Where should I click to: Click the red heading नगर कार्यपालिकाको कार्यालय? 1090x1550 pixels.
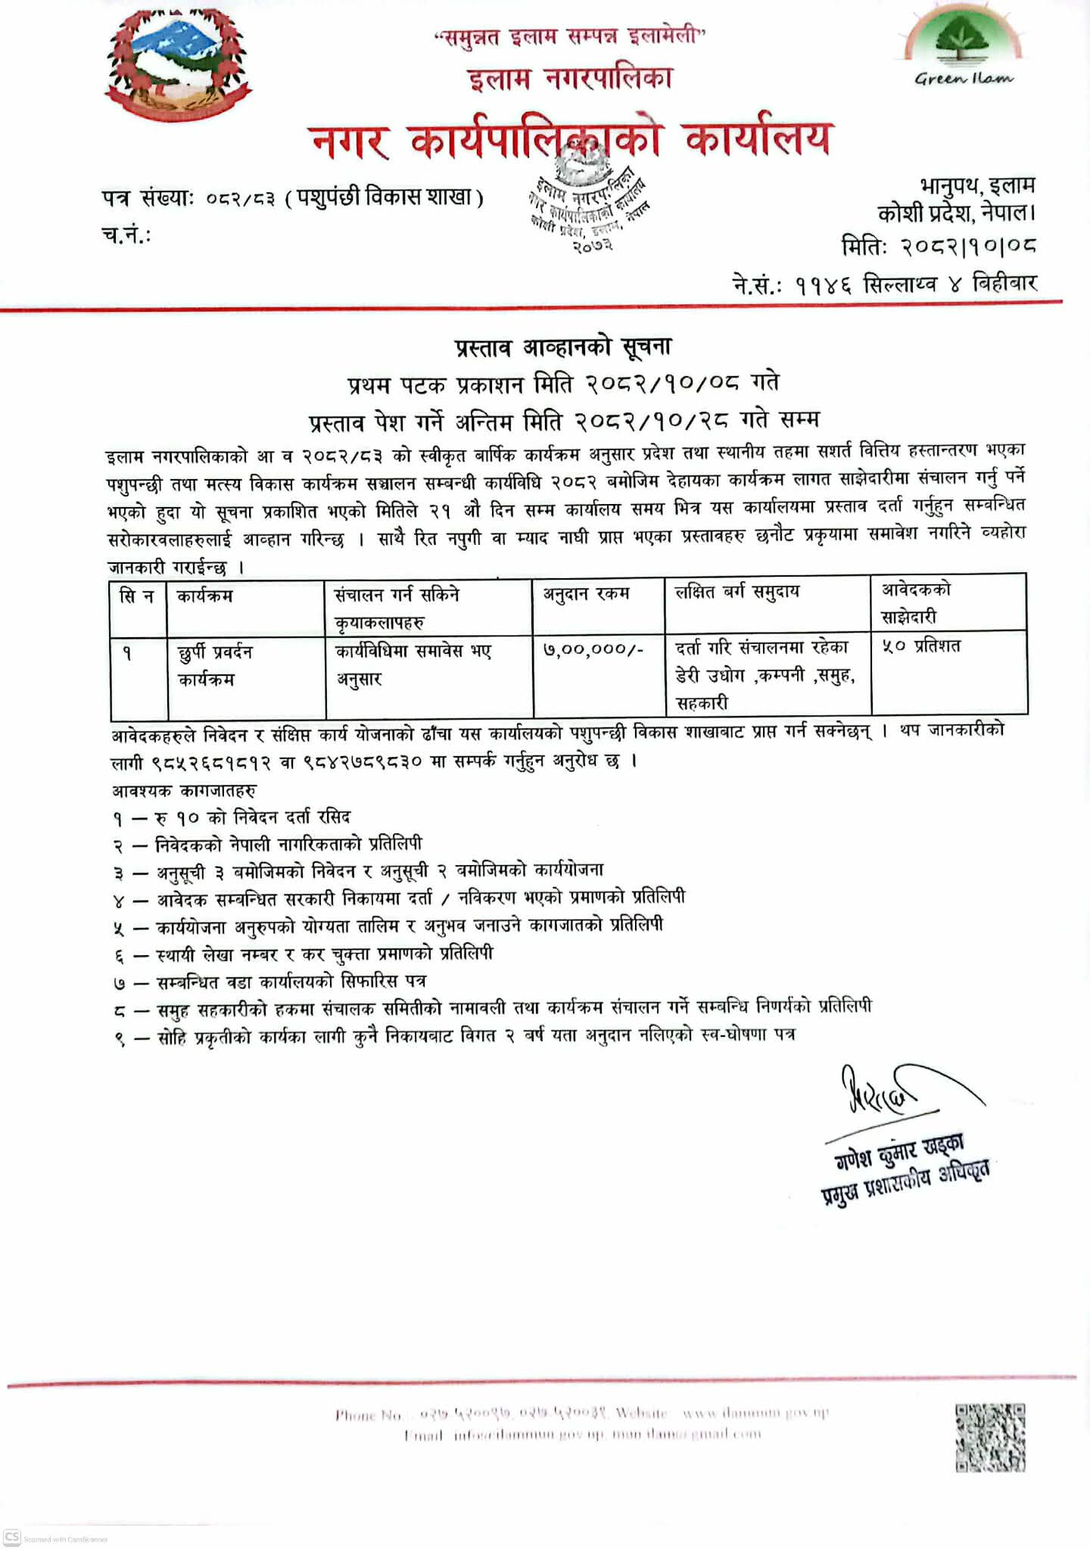569,140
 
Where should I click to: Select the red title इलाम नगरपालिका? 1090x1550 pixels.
569,79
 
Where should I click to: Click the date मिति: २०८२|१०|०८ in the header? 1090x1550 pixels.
939,246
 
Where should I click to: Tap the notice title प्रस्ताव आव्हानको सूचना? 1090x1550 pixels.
563,347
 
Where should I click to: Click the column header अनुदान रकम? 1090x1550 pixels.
587,594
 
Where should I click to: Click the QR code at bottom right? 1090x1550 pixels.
990,1437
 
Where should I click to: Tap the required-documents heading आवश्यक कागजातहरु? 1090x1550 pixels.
184,791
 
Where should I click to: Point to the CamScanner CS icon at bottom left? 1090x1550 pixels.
12,1537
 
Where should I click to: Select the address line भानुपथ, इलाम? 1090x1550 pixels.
977,186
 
